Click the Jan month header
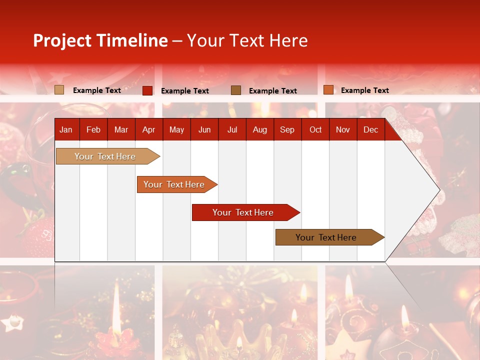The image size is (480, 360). click(x=66, y=129)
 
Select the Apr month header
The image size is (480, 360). click(x=148, y=129)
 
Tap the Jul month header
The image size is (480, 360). click(x=232, y=129)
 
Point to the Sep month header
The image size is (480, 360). click(x=287, y=129)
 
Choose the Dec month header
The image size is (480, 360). click(x=370, y=129)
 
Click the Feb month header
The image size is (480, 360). click(x=93, y=129)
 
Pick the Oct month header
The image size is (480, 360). click(x=315, y=129)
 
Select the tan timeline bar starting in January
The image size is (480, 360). click(x=105, y=156)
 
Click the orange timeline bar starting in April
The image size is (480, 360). click(x=174, y=184)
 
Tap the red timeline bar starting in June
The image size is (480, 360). click(x=243, y=212)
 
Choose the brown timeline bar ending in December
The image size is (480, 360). click(x=326, y=237)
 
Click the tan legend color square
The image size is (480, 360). click(x=59, y=90)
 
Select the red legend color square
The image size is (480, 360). click(x=147, y=90)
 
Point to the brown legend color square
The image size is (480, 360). click(x=236, y=90)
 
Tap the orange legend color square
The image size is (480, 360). click(x=328, y=90)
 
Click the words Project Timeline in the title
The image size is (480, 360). click(x=100, y=40)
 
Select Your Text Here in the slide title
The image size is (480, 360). click(x=247, y=40)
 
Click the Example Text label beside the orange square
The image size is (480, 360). click(x=364, y=90)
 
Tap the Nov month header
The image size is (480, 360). click(x=342, y=129)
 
